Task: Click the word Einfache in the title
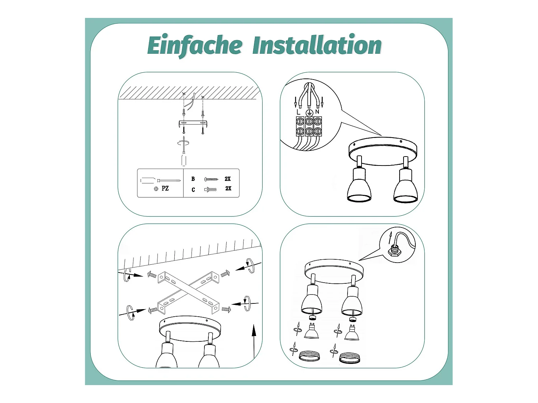point(195,46)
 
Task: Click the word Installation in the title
point(317,44)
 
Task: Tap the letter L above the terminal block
point(298,112)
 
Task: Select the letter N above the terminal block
point(317,112)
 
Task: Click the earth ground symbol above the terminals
point(309,112)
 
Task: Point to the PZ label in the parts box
point(165,188)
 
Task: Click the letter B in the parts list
point(193,179)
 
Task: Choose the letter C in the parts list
point(193,189)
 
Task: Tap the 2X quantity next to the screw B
point(228,179)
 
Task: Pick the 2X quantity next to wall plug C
point(228,188)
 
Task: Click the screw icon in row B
point(211,179)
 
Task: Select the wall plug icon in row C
point(210,189)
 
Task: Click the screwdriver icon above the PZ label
point(161,181)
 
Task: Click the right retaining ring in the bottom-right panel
point(350,358)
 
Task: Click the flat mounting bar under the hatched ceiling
point(193,123)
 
